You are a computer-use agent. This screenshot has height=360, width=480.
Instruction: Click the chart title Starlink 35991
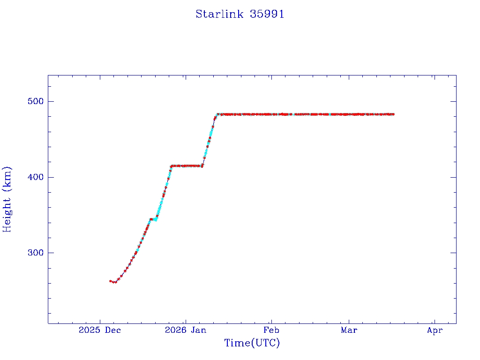(x=240, y=14)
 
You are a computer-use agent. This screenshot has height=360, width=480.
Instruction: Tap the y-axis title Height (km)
(x=7, y=199)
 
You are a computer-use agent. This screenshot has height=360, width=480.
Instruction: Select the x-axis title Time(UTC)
(x=252, y=343)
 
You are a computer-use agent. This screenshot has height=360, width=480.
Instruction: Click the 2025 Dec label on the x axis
(x=99, y=330)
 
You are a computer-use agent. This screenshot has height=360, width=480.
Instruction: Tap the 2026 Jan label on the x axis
(x=186, y=330)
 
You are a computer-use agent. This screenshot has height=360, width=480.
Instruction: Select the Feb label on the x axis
(x=271, y=330)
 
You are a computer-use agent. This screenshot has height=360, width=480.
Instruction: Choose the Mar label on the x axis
(x=349, y=330)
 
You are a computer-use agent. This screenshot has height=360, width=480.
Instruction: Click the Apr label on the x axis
(x=435, y=330)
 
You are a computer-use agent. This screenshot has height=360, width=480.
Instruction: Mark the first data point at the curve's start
(x=110, y=281)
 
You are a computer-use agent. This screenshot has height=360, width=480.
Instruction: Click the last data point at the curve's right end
(x=393, y=114)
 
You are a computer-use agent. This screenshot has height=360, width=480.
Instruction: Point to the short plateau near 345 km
(x=153, y=219)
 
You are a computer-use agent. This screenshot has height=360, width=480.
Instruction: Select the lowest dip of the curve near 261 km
(x=115, y=282)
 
